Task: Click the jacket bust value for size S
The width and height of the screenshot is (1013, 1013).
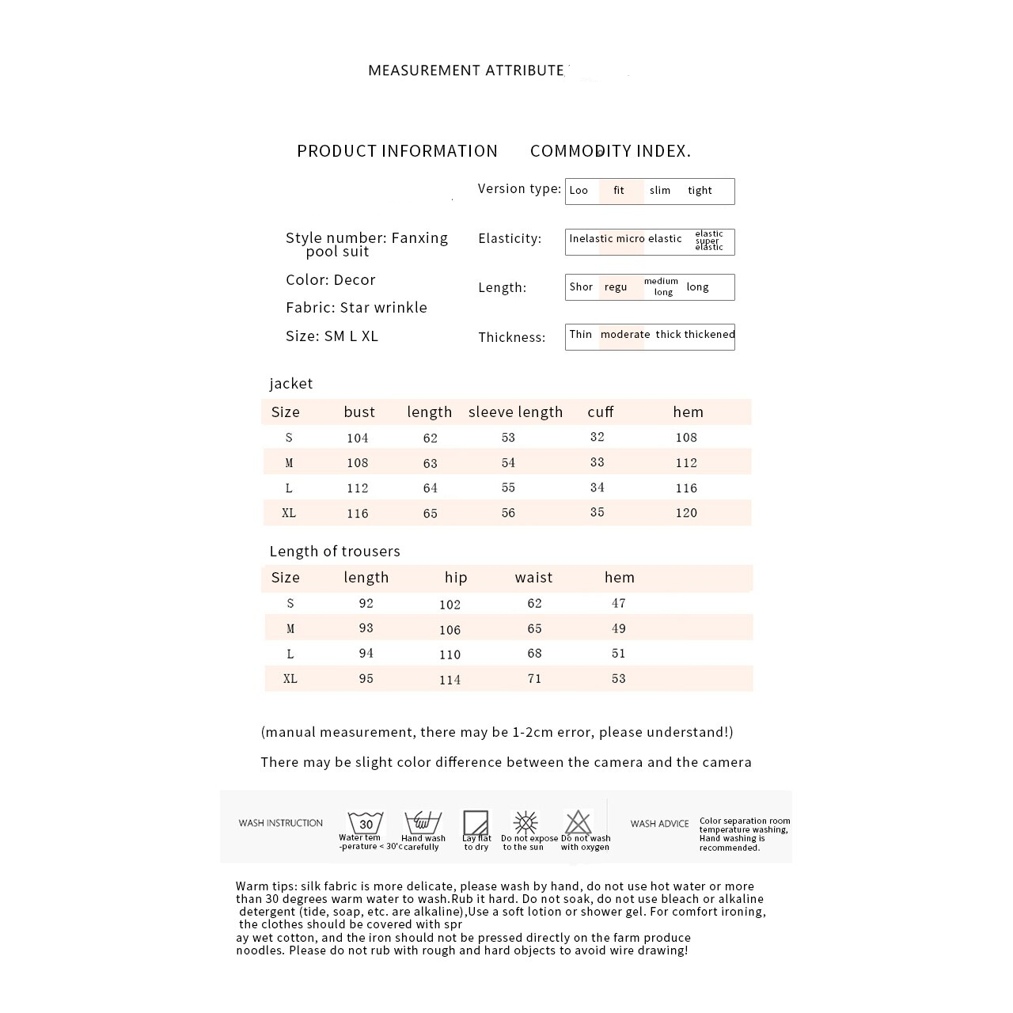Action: pos(357,438)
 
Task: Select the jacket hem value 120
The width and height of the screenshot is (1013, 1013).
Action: pos(686,513)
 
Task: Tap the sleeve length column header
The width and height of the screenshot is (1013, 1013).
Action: pos(515,412)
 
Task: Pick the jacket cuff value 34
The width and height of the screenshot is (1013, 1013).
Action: pos(598,488)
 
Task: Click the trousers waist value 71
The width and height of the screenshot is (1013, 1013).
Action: pos(534,678)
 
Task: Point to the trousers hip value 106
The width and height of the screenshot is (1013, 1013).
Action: pos(450,629)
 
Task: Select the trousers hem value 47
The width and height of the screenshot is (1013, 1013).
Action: pos(619,603)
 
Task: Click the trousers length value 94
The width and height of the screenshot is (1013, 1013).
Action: pos(366,653)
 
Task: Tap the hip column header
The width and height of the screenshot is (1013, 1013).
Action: pos(456,577)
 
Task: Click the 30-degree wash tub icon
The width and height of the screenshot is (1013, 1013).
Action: pos(365,822)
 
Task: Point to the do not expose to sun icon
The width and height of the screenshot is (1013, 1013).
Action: pos(525,821)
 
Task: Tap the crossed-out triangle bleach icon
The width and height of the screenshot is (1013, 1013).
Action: pos(578,821)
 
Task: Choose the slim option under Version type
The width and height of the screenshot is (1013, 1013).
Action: pos(660,191)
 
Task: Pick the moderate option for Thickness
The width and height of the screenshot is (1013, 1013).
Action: pos(624,335)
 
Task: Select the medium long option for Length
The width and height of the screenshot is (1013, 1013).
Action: pos(662,286)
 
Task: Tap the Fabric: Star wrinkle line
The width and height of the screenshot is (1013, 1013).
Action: pos(356,308)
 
